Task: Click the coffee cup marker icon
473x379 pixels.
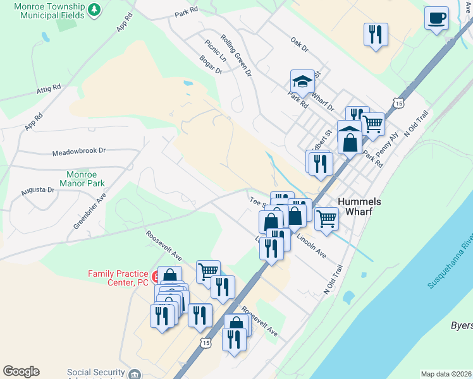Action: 436,18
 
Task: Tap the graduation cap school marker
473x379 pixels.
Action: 302,82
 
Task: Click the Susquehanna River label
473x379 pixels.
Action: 450,263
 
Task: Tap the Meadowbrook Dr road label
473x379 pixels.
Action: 78,152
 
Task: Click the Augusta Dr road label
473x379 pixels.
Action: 37,189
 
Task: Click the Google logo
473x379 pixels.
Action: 21,371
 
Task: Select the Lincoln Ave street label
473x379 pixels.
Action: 310,247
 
